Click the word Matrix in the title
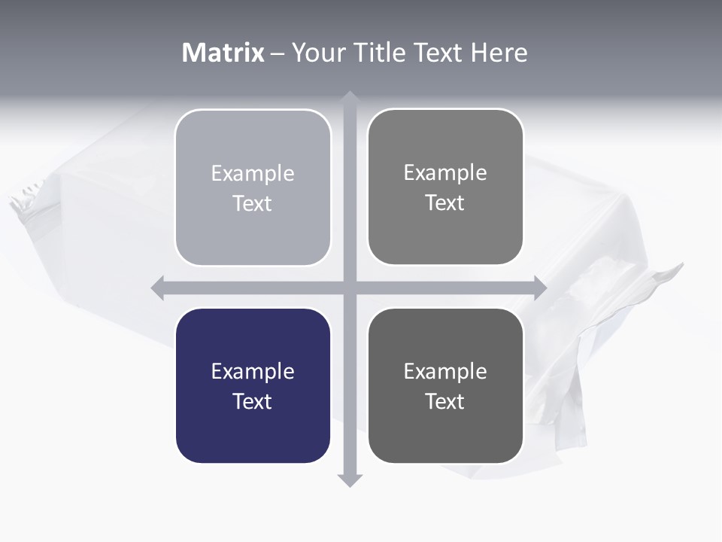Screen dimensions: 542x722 223,53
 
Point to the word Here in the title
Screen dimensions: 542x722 499,53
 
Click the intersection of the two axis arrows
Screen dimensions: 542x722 350,288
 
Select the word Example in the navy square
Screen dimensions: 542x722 253,371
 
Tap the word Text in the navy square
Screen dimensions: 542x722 253,401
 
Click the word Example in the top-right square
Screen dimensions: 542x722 445,172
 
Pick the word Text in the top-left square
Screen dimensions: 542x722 253,203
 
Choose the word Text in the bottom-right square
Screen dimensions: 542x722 445,401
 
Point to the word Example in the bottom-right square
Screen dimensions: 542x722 445,371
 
